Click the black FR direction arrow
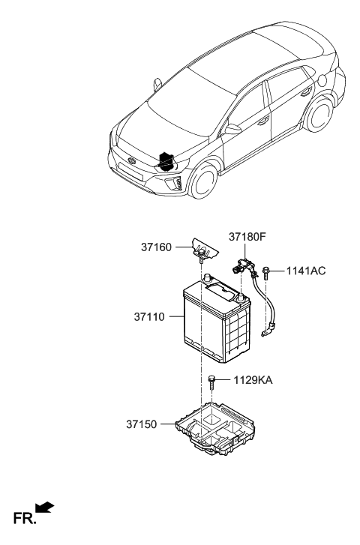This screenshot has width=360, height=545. [x=45, y=510]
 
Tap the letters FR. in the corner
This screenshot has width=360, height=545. [x=21, y=518]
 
